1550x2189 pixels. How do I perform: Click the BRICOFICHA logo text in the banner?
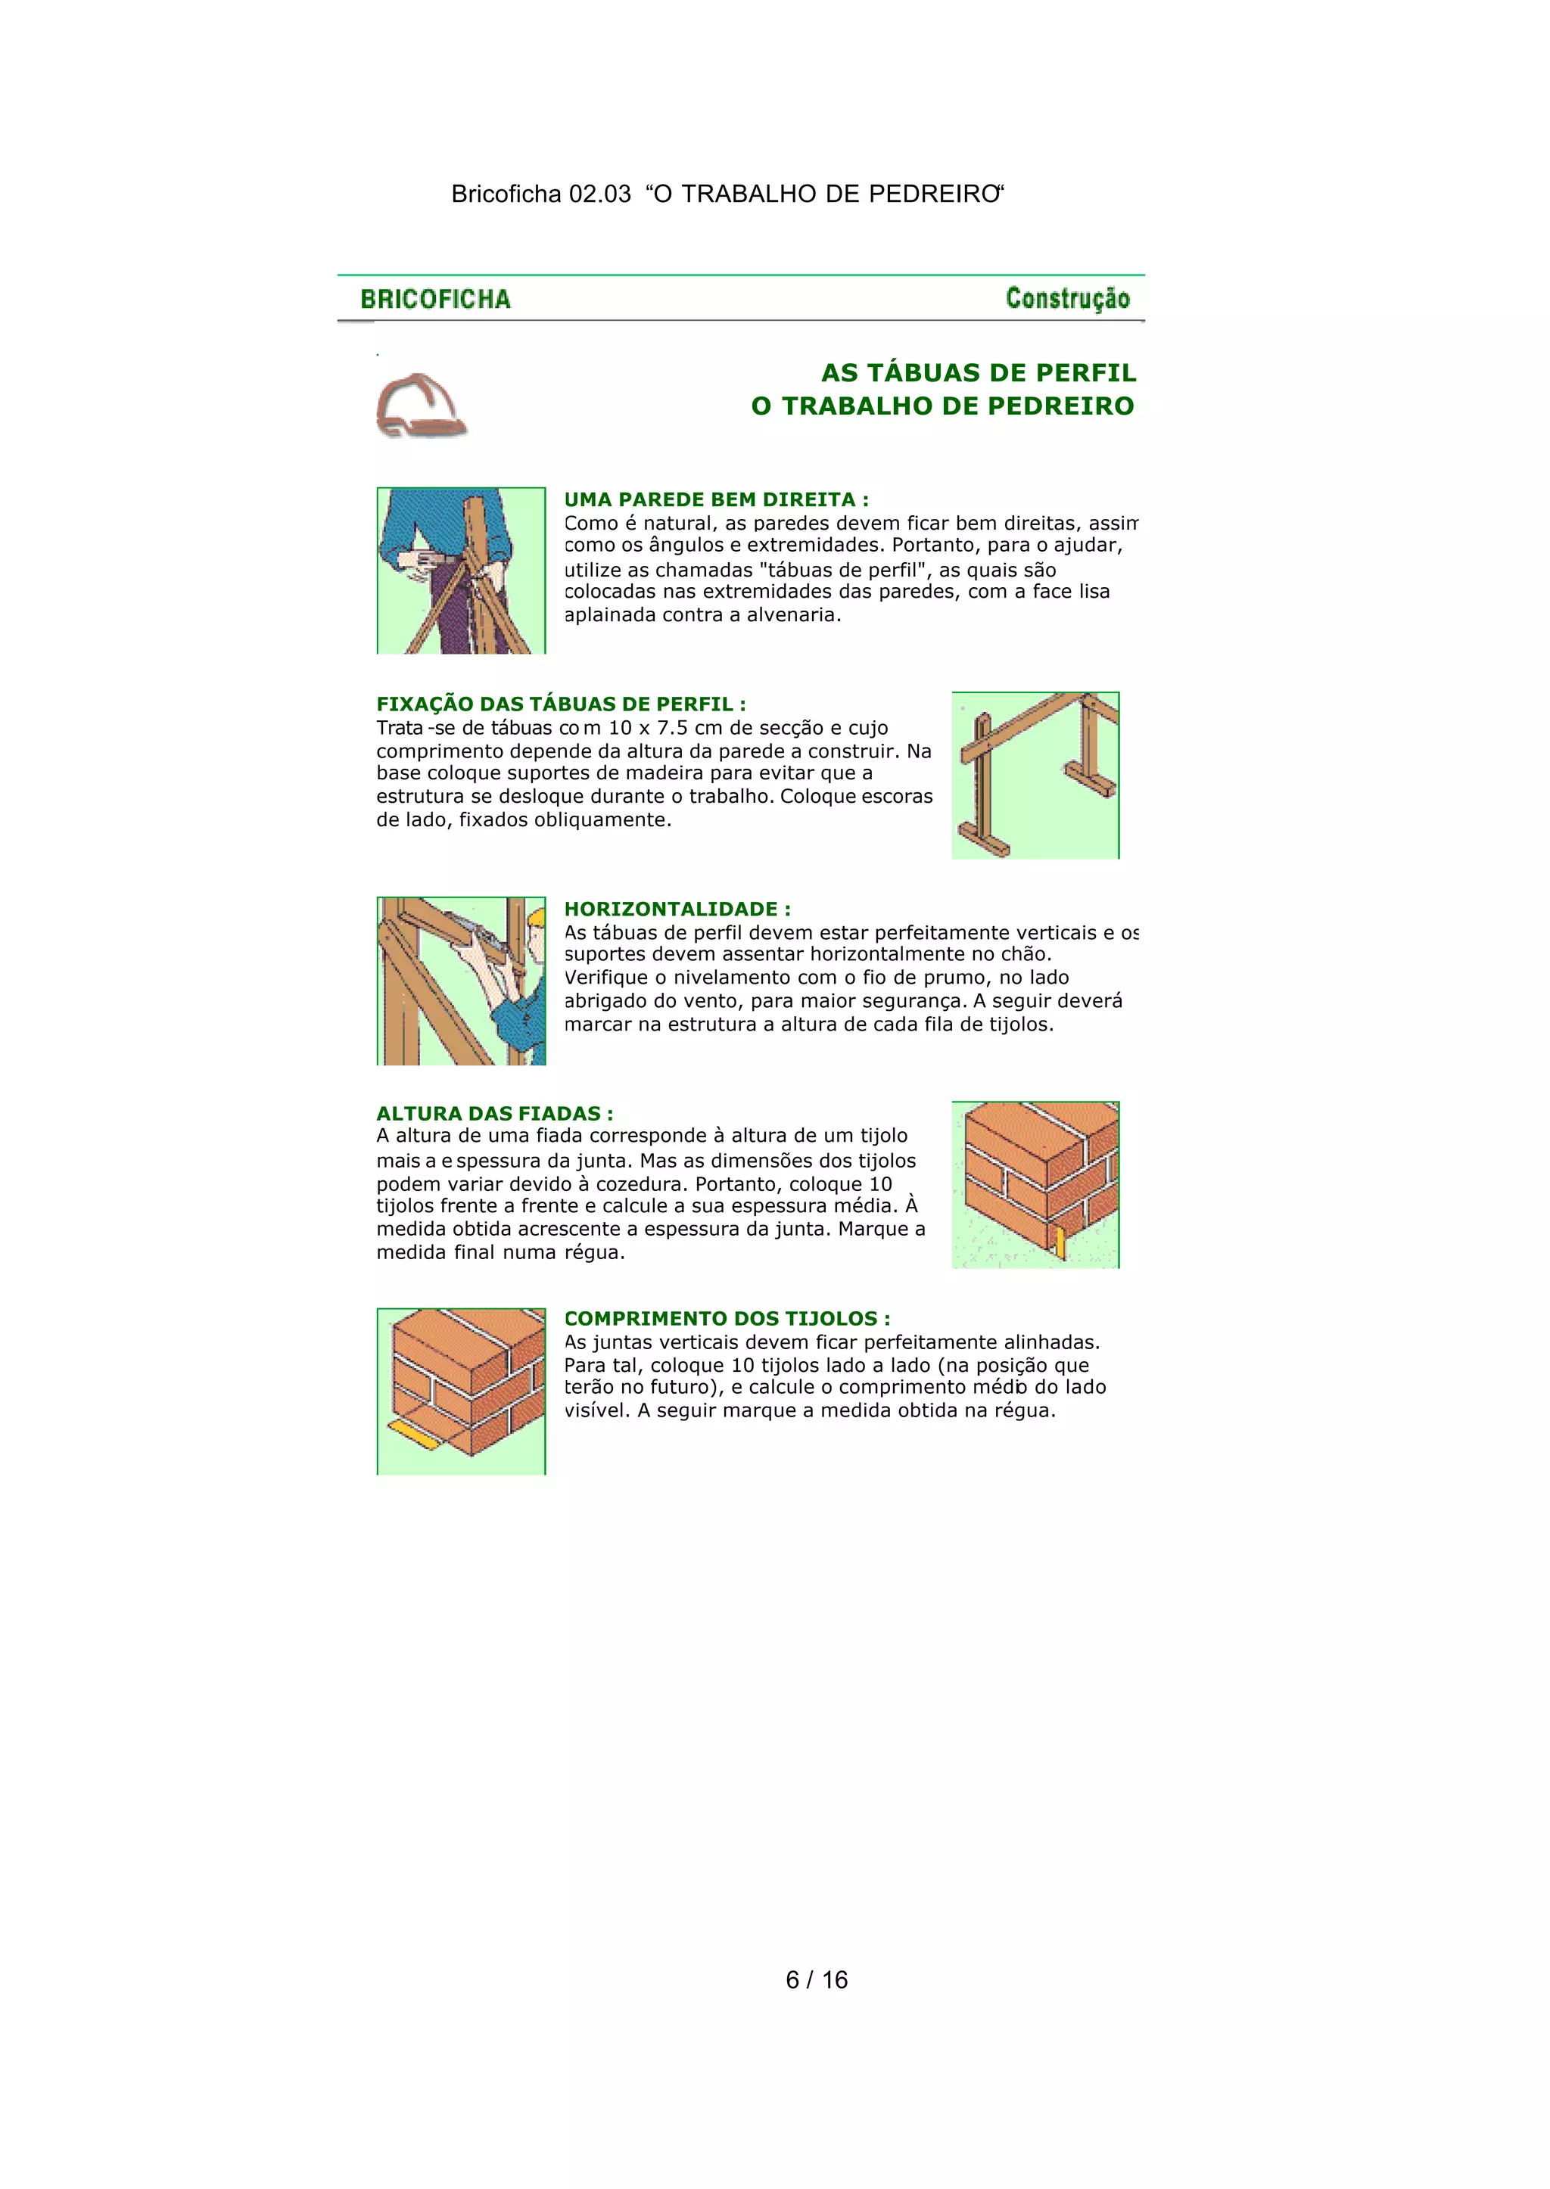pos(435,300)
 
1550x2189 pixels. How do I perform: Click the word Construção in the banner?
pos(1067,299)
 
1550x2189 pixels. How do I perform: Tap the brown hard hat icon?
pos(420,405)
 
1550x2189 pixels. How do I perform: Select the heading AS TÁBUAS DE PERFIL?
pos(979,373)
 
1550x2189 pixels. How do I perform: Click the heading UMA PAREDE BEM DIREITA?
pos(716,500)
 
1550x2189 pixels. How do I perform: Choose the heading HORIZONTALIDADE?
pos(677,909)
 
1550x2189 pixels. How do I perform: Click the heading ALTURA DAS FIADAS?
pos(494,1114)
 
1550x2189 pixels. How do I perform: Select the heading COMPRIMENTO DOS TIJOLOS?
pos(727,1319)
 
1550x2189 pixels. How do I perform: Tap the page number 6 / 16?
pos(816,1980)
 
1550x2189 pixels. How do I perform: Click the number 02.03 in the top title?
pos(599,194)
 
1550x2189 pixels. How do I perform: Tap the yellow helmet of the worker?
pos(537,917)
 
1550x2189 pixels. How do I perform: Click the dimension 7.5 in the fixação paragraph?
pos(669,728)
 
